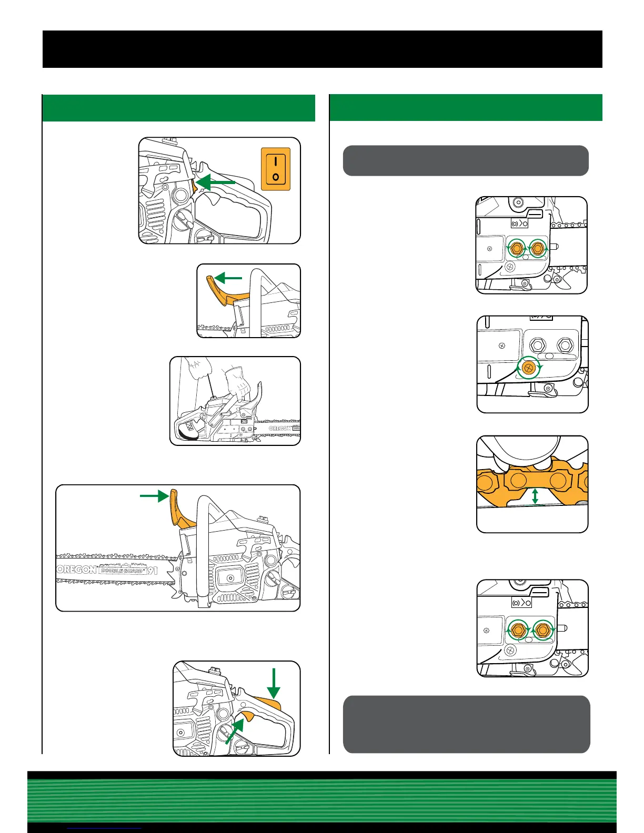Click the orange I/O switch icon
click(276, 168)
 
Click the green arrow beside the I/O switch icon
click(216, 182)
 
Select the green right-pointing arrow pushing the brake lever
click(154, 495)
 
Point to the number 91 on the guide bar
click(152, 570)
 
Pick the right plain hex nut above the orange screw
click(565, 346)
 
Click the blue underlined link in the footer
click(105, 829)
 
